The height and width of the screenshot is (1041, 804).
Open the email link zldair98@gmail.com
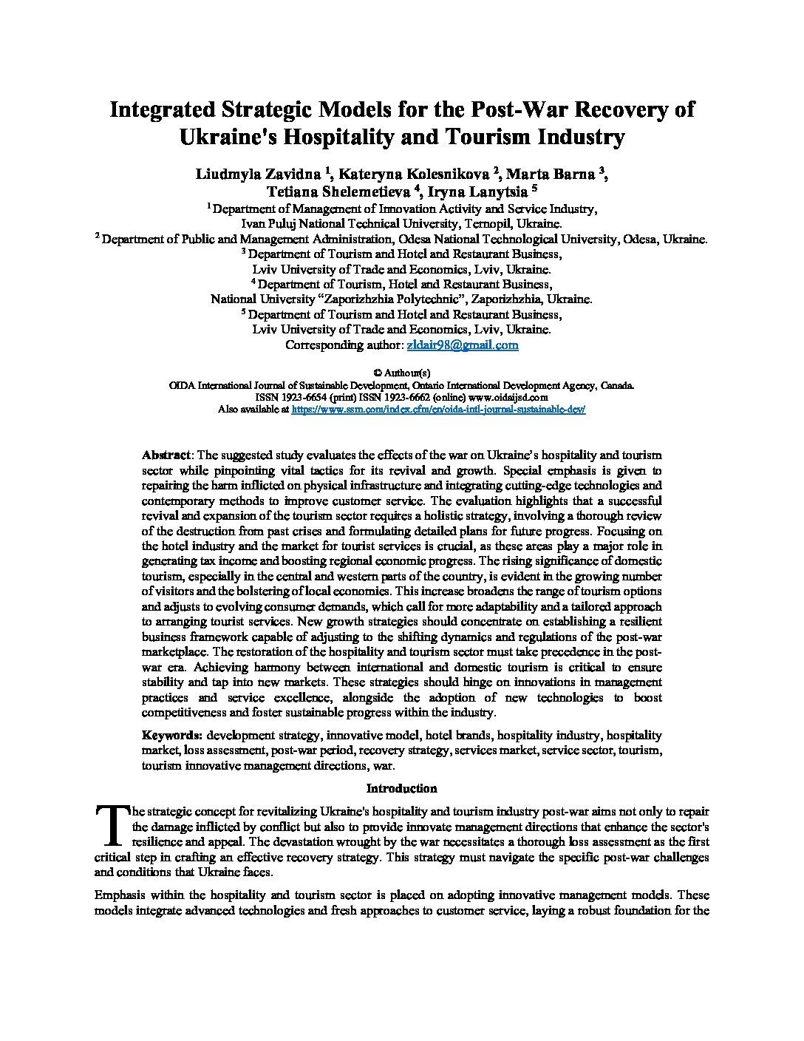pos(463,345)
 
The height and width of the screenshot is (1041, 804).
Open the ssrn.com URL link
pos(439,409)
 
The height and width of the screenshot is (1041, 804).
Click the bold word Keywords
pos(171,736)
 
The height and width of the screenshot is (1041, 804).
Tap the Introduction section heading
pos(402,788)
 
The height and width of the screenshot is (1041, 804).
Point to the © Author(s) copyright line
pos(402,373)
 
